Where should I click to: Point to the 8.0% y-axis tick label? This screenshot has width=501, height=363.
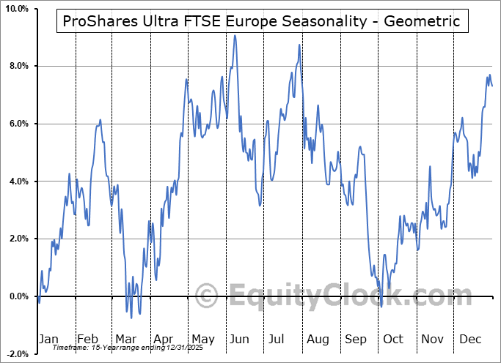[17, 66]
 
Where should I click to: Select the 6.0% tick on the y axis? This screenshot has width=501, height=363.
[17, 124]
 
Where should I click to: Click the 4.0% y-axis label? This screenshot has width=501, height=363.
[17, 181]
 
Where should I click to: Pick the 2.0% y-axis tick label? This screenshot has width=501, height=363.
[17, 239]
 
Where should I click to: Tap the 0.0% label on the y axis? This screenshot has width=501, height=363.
[17, 296]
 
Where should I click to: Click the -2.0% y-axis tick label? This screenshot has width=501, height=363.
[15, 353]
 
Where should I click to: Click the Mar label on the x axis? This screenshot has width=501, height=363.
[125, 339]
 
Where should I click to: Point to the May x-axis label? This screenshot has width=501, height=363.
[203, 339]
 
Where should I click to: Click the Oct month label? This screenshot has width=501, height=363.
[394, 339]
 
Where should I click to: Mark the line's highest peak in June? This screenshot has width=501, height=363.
[235, 35]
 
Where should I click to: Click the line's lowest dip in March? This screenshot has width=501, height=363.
[131, 317]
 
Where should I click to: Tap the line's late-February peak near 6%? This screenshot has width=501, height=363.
[100, 119]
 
